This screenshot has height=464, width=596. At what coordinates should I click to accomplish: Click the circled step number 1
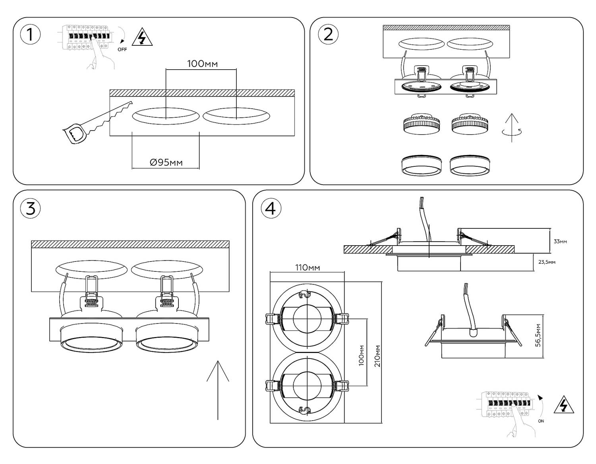tap(31, 35)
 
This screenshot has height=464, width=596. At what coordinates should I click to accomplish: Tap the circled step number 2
tap(328, 35)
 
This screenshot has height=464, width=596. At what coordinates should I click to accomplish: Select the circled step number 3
tap(31, 209)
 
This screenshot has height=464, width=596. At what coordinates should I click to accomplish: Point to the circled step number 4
tap(271, 209)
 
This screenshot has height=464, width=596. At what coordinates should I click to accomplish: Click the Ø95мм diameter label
tap(166, 162)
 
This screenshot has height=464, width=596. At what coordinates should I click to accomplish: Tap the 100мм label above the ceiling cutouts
tap(202, 64)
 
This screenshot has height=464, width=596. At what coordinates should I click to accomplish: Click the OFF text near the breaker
tap(122, 49)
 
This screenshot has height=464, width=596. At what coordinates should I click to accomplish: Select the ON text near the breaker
tap(541, 421)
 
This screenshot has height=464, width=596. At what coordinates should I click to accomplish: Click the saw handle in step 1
tap(74, 135)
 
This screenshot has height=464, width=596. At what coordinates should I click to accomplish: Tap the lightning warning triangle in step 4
tap(564, 406)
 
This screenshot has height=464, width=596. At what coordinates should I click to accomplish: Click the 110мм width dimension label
tap(308, 268)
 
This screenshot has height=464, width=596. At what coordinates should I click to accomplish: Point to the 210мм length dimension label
tap(377, 356)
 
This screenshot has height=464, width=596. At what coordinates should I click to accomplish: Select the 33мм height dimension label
tap(560, 242)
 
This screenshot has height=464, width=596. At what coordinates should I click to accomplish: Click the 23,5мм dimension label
tap(547, 262)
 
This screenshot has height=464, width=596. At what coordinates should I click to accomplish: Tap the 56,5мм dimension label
tap(538, 335)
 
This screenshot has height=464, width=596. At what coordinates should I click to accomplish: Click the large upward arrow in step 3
tap(218, 390)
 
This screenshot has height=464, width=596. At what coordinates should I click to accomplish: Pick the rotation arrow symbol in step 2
tap(512, 128)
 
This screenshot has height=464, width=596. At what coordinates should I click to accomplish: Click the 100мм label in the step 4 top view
tap(362, 355)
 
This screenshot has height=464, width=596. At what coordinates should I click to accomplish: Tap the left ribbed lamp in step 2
tap(421, 125)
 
